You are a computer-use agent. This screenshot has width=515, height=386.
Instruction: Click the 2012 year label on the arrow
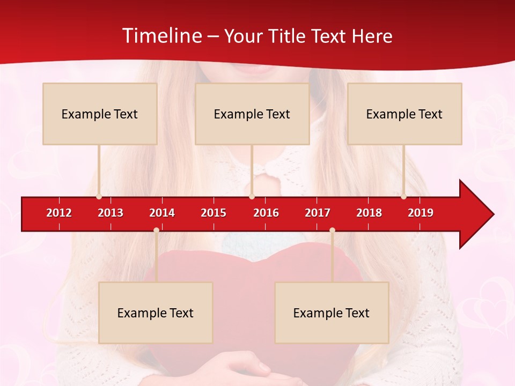(x=59, y=213)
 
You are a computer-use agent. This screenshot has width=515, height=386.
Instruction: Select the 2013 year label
(x=111, y=213)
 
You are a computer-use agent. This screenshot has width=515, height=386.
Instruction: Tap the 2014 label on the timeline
(x=162, y=213)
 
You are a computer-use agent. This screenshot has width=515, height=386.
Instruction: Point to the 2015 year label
(x=214, y=213)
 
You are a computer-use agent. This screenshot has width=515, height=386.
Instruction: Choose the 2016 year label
(x=266, y=213)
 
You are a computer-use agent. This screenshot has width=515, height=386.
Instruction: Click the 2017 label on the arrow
(x=318, y=213)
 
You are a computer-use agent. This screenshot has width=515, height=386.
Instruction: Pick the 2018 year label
(x=369, y=213)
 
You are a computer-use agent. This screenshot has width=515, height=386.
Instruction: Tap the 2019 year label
(x=421, y=213)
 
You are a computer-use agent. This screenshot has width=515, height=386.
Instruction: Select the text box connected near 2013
(x=100, y=114)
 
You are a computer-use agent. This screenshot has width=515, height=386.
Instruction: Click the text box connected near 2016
(x=252, y=114)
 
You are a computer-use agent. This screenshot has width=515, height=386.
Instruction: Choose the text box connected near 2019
(x=404, y=114)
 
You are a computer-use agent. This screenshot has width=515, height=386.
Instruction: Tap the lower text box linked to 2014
(x=156, y=313)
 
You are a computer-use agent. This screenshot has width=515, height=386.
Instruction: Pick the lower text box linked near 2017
(x=332, y=313)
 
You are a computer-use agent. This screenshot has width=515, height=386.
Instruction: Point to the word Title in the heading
(x=289, y=36)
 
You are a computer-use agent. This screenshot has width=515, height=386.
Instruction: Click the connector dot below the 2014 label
(x=156, y=230)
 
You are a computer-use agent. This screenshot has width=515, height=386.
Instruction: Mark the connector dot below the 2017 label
(x=332, y=230)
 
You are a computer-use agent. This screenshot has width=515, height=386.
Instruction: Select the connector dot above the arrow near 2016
(x=252, y=197)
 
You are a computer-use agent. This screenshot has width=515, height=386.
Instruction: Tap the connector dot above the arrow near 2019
(x=403, y=197)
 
